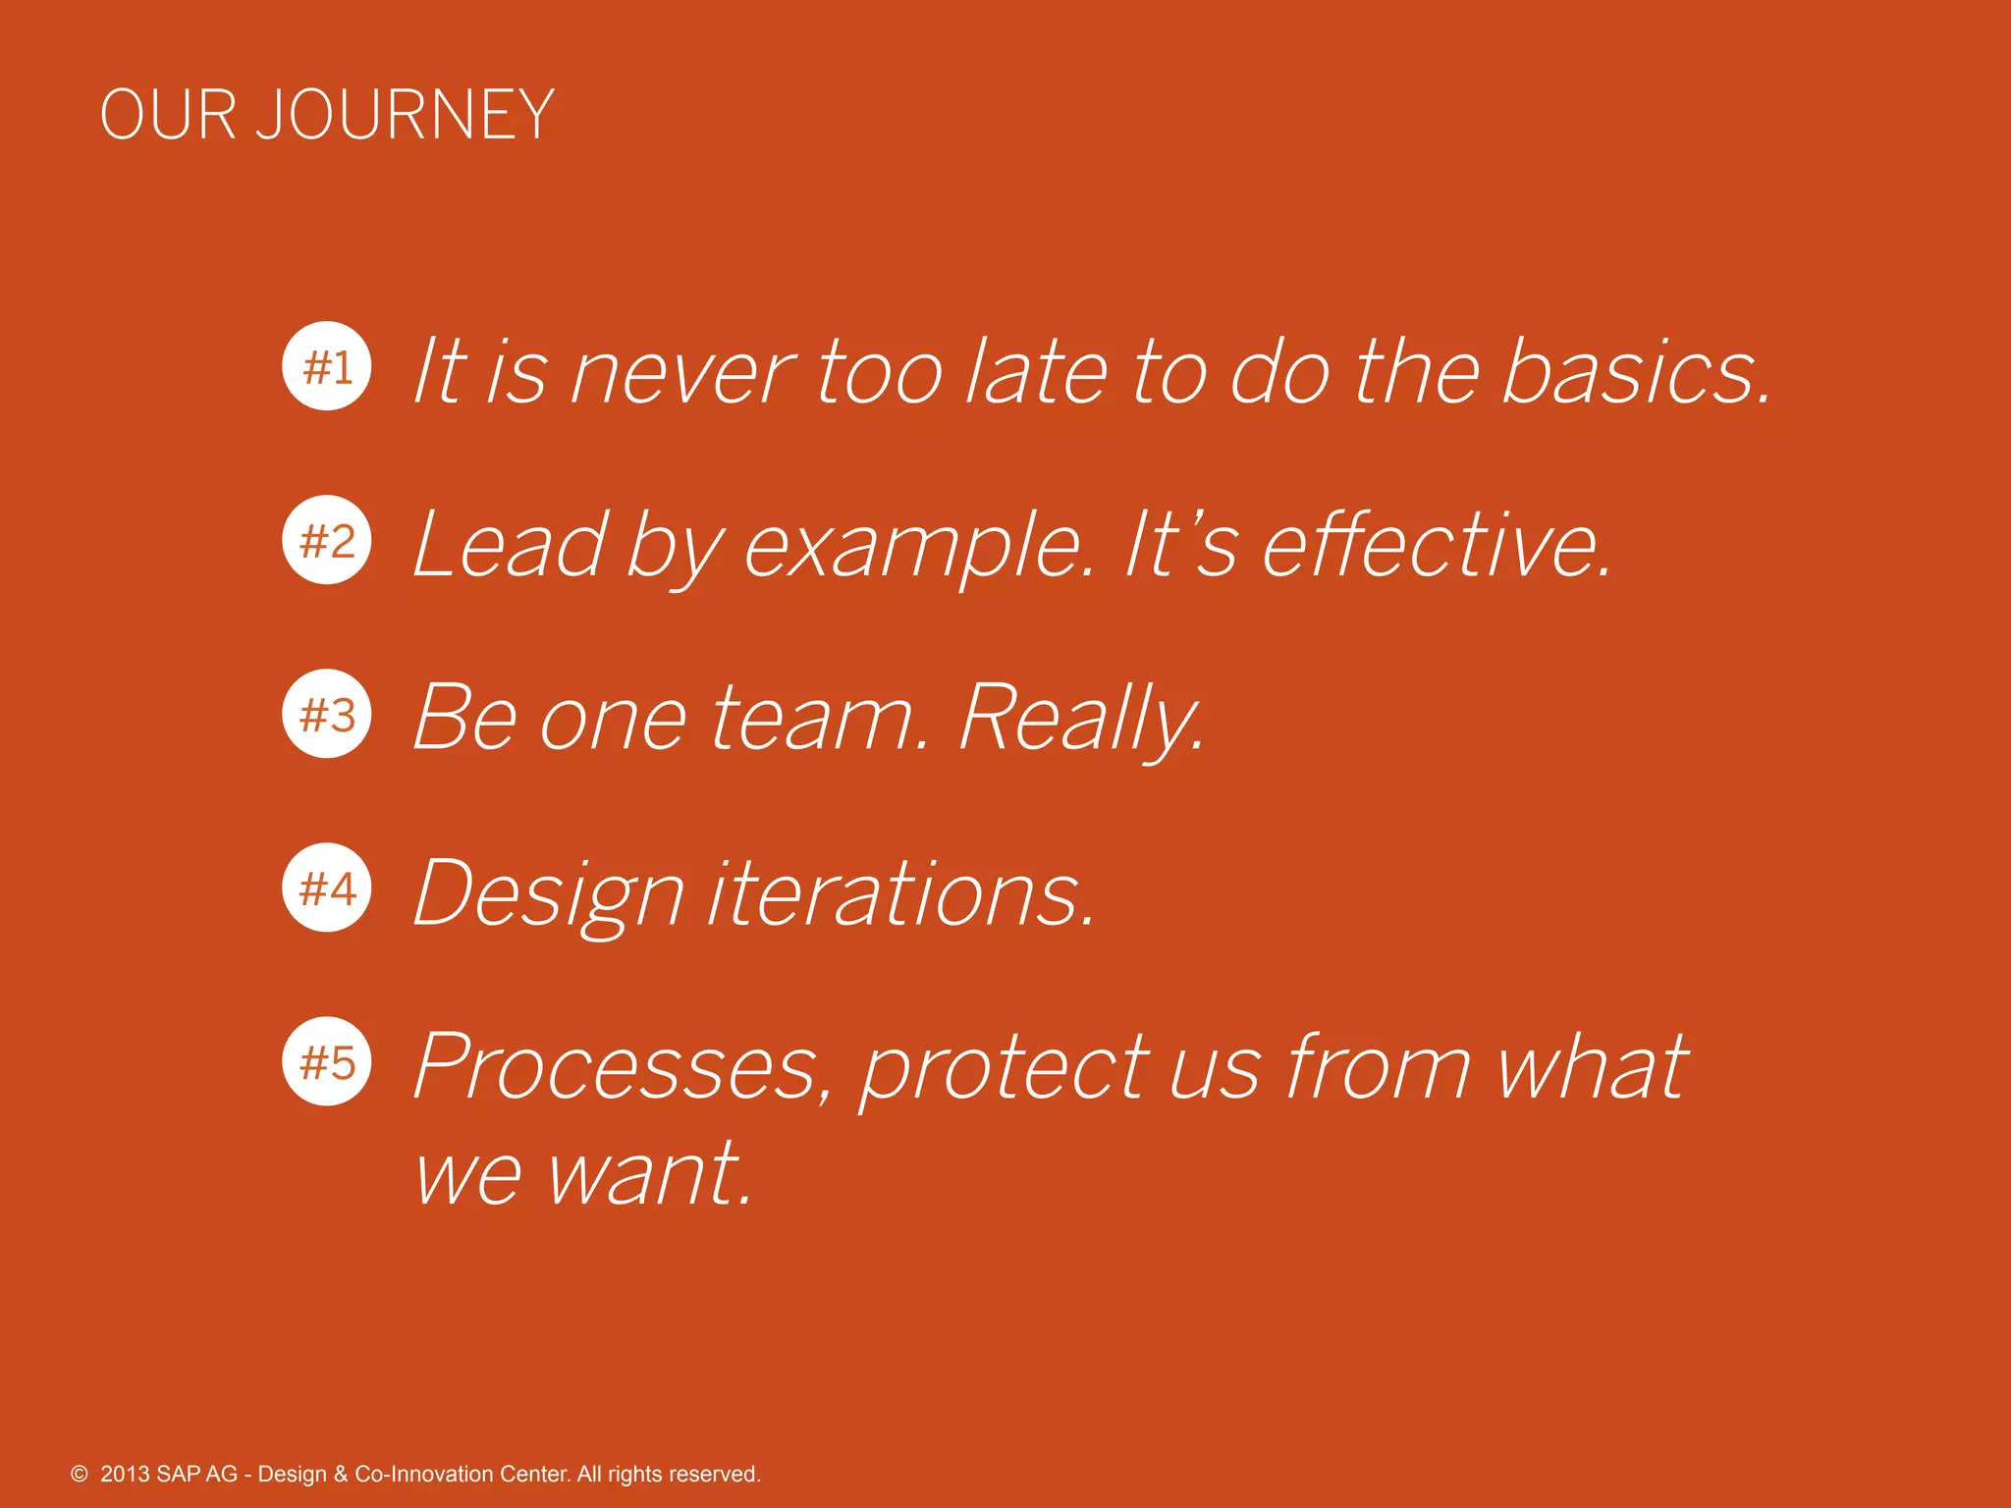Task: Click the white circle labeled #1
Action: pos(327,366)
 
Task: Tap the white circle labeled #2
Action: pos(327,540)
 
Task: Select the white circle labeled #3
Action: pos(327,714)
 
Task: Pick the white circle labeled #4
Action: pos(327,888)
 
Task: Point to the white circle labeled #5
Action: pos(327,1061)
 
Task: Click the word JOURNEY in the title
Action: pos(405,116)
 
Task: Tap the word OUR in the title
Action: pos(168,116)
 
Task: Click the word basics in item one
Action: pos(1635,373)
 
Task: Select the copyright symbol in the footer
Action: pos(80,1475)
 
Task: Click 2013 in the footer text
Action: pos(125,1475)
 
